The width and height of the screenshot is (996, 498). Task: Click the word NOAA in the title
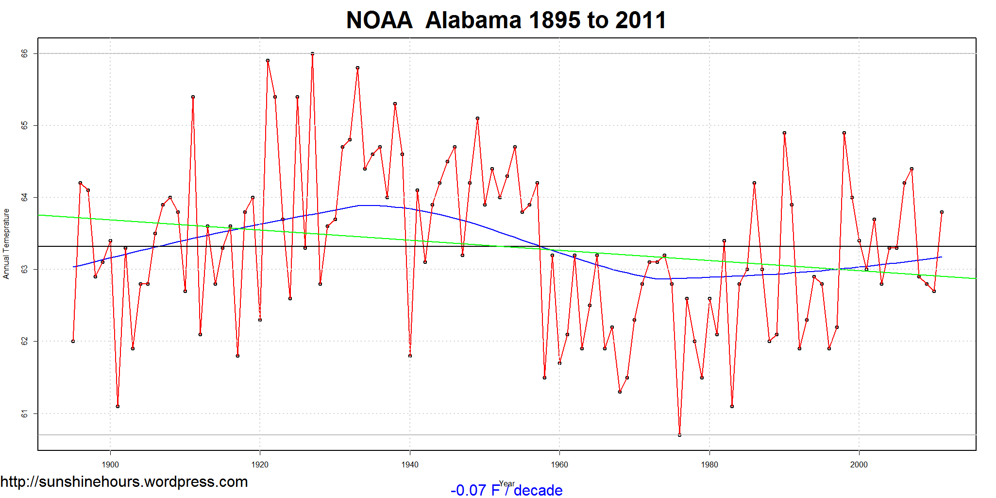coord(379,20)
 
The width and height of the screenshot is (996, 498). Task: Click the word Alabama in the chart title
coord(473,20)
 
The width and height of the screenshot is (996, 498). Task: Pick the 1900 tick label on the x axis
coord(110,464)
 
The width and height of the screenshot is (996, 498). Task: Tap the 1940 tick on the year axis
coord(410,464)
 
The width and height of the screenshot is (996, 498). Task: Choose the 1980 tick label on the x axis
coord(709,464)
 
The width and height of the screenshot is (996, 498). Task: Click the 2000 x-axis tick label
coord(859,464)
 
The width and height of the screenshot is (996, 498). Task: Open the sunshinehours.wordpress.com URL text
coord(124,481)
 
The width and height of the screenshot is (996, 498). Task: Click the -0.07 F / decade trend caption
coord(506,490)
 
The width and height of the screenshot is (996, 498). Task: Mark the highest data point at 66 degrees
coord(312,53)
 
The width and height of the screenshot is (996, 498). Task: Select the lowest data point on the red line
coord(679,435)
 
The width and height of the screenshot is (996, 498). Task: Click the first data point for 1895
coord(73,341)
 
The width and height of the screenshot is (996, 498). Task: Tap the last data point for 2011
coord(942,212)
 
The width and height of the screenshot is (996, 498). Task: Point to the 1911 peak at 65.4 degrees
coord(193,97)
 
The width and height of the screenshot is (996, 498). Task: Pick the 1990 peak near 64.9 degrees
coord(784,133)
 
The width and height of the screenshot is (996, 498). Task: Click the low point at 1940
coord(410,356)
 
